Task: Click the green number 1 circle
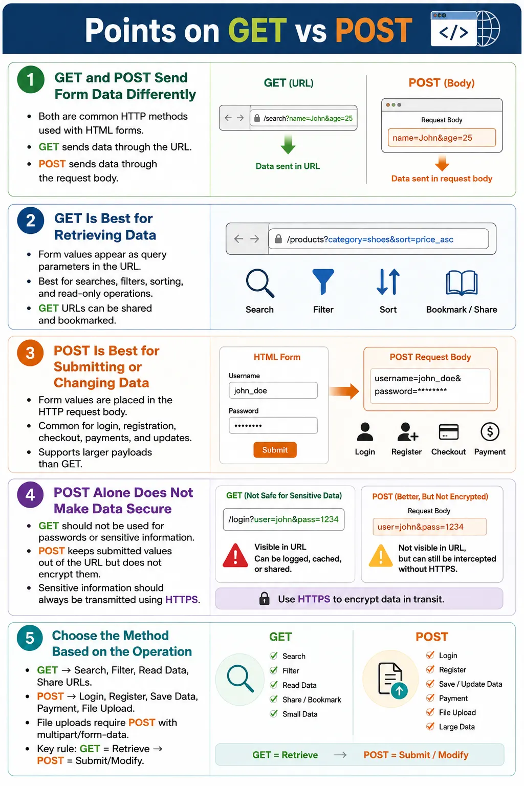[31, 79]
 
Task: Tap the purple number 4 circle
[30, 495]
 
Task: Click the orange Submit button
[275, 450]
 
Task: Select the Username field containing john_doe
[273, 390]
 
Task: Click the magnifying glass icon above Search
[260, 283]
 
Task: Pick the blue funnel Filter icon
[323, 281]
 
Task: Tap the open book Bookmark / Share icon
[462, 283]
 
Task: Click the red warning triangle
[235, 556]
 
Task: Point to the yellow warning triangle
[381, 555]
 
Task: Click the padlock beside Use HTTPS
[264, 598]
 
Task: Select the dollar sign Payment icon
[490, 431]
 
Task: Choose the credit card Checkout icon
[449, 432]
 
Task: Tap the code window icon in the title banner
[453, 29]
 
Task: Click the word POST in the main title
[374, 30]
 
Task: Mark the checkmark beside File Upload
[430, 712]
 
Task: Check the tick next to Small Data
[274, 713]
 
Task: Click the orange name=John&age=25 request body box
[442, 138]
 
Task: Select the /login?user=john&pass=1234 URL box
[283, 519]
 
